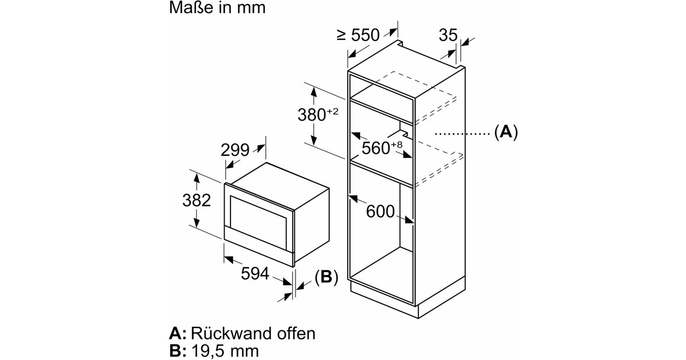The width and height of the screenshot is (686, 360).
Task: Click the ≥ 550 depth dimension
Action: (x=358, y=35)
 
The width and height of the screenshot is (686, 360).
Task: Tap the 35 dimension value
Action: (x=448, y=35)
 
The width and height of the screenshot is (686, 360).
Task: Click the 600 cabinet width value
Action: (x=380, y=211)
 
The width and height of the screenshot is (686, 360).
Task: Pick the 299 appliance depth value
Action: (x=235, y=150)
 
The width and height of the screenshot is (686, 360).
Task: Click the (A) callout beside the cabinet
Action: (x=505, y=133)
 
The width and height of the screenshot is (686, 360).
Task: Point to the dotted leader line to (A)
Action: (x=460, y=133)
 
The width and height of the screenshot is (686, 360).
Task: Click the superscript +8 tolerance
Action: (x=397, y=145)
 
